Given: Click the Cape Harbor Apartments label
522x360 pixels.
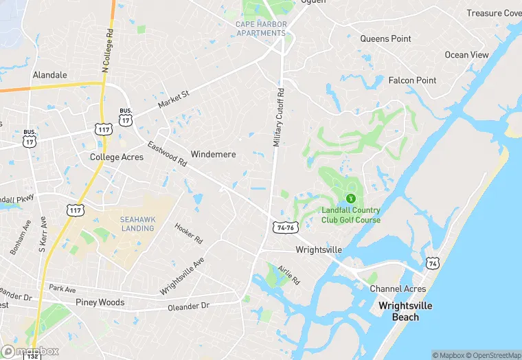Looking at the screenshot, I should click(261, 29).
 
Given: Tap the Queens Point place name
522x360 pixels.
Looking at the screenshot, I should click(386, 39).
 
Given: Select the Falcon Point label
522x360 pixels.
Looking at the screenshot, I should click(412, 80).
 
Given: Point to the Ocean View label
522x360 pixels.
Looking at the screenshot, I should click(466, 55).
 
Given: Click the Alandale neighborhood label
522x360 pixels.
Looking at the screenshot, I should click(50, 75).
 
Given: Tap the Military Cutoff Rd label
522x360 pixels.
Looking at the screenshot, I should click(278, 117).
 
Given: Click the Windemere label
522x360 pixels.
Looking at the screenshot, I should click(213, 155).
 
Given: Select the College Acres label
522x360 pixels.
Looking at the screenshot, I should click(117, 157).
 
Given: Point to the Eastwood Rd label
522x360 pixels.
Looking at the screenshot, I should click(167, 155).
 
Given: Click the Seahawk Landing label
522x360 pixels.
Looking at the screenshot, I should click(137, 224).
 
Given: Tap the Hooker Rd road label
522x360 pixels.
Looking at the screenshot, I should click(188, 234).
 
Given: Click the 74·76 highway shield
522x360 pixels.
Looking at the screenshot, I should click(285, 227).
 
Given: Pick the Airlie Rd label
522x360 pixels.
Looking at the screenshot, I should click(289, 275).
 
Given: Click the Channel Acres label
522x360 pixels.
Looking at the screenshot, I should click(398, 289).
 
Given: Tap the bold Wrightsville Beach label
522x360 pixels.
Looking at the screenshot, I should click(405, 311).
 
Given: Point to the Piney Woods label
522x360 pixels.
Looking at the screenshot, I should click(100, 302).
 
